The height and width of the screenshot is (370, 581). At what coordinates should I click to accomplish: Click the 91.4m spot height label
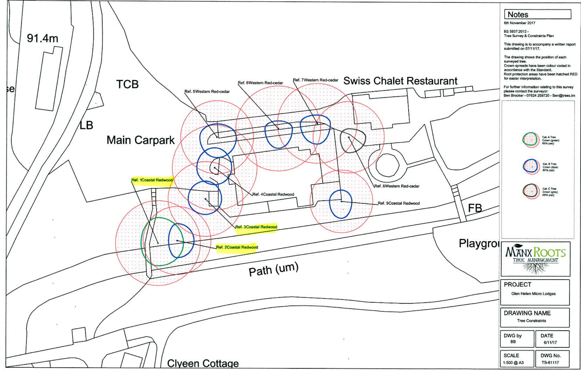coord(42,39)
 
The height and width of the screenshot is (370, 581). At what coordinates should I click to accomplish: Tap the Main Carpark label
coord(140,140)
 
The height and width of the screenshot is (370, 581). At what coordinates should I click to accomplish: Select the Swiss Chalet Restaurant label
coord(400,81)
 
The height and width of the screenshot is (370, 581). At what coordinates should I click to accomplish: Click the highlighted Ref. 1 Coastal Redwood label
coord(152,180)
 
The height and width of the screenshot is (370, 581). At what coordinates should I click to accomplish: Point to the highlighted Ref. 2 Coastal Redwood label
coord(237,247)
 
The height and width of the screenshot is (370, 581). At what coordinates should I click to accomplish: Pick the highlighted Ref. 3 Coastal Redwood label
coord(256,227)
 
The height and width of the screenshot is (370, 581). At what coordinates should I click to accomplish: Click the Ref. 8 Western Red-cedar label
coord(397,186)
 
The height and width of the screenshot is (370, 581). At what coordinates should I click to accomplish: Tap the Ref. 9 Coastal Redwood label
coord(398,203)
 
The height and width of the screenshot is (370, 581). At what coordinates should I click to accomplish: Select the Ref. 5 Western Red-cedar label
coord(207,92)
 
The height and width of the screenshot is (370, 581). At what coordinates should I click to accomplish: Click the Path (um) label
coord(274,269)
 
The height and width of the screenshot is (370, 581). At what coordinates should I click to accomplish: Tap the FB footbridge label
coord(475,208)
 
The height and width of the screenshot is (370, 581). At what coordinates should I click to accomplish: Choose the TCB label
coord(127,84)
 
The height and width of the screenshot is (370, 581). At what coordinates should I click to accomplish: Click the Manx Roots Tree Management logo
coord(535,259)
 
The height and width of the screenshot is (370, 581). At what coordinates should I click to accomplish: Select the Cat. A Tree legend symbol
coord(530,140)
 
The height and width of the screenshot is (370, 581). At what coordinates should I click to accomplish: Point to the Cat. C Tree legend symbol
coord(530,191)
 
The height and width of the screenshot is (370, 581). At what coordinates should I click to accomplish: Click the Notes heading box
coord(537,14)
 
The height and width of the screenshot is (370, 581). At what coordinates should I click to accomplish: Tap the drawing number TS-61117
coord(550,363)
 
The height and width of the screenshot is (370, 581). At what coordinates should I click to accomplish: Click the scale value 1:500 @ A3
coord(513,363)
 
